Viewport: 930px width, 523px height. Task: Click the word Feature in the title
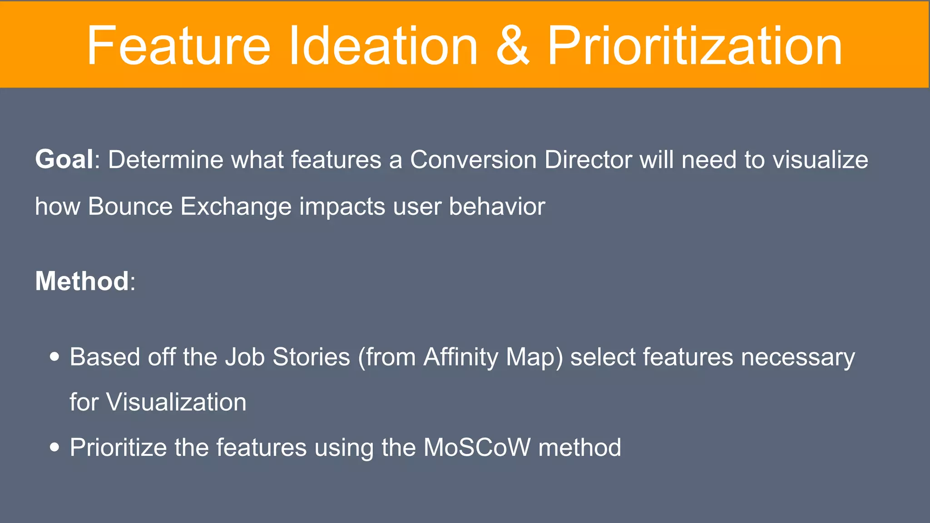(x=178, y=46)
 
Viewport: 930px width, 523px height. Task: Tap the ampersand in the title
(x=512, y=46)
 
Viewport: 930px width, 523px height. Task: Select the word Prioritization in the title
(x=694, y=46)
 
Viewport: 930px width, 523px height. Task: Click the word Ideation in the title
(x=383, y=46)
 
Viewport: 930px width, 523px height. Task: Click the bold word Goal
(x=64, y=159)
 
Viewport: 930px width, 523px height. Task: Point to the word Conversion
(x=473, y=160)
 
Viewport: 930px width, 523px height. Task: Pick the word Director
(x=589, y=160)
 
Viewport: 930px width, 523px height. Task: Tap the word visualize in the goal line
(x=821, y=160)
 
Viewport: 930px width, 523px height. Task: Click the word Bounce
(x=130, y=206)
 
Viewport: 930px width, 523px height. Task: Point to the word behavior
(x=497, y=206)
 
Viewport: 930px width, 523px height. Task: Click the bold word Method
(x=82, y=281)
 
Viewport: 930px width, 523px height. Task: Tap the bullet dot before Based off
(x=54, y=357)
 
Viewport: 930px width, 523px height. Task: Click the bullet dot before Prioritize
(x=54, y=447)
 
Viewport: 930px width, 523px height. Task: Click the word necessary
(x=798, y=358)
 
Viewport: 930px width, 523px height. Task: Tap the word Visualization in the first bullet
(x=176, y=402)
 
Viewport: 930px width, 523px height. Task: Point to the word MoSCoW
(x=477, y=447)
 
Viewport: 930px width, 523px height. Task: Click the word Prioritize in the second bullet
(x=119, y=447)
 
